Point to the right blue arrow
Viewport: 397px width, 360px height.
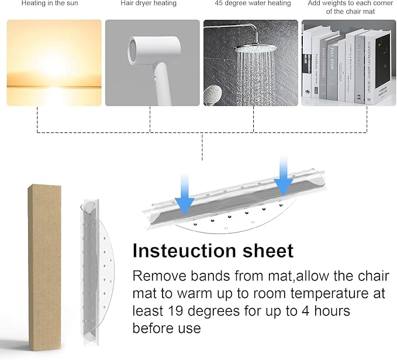click(284, 176)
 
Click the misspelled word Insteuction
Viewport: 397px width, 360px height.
click(187, 251)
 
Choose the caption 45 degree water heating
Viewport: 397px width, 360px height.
click(253, 4)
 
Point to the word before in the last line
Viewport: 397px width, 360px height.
click(151, 328)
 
